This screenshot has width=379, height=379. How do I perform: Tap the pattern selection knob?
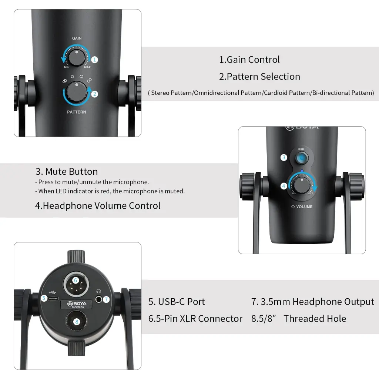coord(77,92)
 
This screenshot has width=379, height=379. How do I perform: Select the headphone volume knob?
coord(302,186)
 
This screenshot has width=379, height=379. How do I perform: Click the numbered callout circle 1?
coord(94,60)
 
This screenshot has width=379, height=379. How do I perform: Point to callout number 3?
coord(284,158)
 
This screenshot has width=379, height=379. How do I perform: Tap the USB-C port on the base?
coord(53,299)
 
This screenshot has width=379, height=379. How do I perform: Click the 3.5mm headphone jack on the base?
coord(98,299)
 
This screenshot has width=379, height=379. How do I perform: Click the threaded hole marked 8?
coord(76,321)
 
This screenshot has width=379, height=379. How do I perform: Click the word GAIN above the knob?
coord(77,38)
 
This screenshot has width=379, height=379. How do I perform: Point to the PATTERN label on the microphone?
coord(76,112)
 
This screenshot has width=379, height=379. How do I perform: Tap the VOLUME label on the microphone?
coord(304,207)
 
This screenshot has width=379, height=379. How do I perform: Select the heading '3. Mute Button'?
coord(67,172)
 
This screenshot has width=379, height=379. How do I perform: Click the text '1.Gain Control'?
coord(249,60)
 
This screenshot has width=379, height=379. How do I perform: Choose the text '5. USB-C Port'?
coord(177,302)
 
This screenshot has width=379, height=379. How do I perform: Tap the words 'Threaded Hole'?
coord(315,319)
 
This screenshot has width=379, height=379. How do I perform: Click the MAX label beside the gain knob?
coord(87,67)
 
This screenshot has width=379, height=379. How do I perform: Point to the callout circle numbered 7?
coord(106,299)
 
